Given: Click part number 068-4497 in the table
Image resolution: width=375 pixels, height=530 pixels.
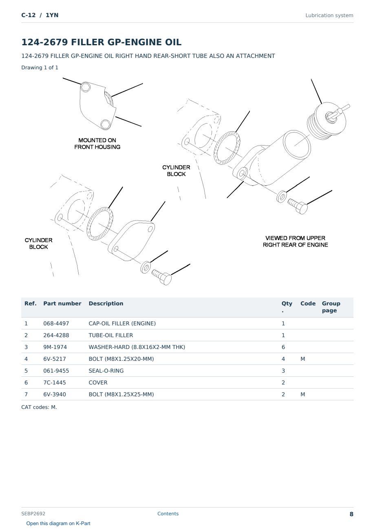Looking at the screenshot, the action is (56, 323).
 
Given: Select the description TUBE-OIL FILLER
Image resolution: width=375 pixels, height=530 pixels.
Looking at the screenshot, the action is (111, 335).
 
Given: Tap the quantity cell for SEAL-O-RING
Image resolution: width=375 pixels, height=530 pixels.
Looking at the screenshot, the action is (283, 371).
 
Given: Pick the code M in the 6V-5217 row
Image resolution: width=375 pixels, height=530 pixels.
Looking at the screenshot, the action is (302, 359).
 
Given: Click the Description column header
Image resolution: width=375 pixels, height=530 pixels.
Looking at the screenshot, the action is (106, 304).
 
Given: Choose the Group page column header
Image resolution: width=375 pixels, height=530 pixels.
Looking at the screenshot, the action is (331, 307).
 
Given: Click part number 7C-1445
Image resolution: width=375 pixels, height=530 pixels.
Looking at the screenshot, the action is (55, 382).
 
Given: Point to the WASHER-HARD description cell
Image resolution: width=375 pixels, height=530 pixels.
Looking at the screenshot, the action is (137, 347).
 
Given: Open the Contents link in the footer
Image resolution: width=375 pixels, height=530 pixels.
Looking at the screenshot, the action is (168, 514).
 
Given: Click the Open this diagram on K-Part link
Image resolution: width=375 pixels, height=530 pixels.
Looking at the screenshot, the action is (58, 523).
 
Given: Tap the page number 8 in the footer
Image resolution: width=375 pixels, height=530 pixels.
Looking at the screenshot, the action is (351, 514).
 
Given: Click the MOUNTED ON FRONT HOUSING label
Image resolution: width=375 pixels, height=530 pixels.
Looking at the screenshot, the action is (97, 144).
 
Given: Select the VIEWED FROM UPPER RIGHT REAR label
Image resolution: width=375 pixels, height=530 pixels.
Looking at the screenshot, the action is (295, 241).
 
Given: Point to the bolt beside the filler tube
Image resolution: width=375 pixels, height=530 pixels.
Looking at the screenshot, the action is (298, 206).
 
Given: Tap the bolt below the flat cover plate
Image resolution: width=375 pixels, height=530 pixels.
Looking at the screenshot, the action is (162, 277).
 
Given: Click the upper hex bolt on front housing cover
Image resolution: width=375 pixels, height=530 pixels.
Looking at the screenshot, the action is (85, 87).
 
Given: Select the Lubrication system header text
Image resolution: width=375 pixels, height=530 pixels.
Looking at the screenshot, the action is (329, 15).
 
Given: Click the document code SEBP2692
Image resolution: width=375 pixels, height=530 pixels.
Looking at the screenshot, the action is (33, 514).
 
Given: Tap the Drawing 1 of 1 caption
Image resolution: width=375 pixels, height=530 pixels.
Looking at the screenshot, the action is (40, 68).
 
